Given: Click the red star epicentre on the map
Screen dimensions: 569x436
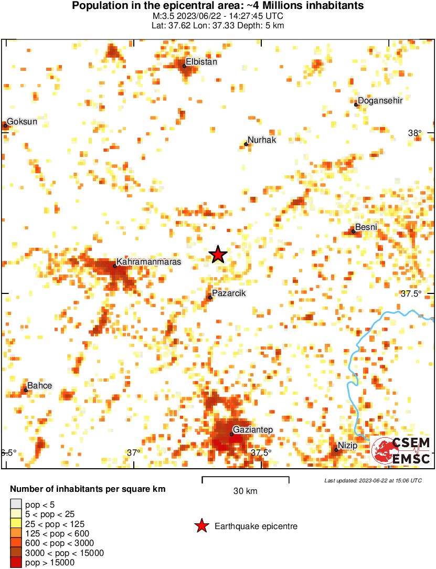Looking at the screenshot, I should (218, 255).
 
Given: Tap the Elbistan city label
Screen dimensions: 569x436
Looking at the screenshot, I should (201, 61).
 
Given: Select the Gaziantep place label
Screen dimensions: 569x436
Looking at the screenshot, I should (253, 430).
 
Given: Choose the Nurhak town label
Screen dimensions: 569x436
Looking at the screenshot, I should (261, 140).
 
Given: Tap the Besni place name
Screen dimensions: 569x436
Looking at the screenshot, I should (366, 227).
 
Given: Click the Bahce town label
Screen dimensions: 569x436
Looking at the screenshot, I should (39, 386).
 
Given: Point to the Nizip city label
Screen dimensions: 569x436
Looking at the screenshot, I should (347, 445).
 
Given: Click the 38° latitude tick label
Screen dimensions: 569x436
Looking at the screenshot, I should (415, 133).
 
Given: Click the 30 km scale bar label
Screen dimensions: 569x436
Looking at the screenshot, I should (245, 491).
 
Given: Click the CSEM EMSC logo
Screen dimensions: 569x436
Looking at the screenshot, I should (401, 450).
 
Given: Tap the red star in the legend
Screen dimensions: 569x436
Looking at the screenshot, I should (201, 526).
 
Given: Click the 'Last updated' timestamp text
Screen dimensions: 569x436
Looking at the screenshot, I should (373, 480).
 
